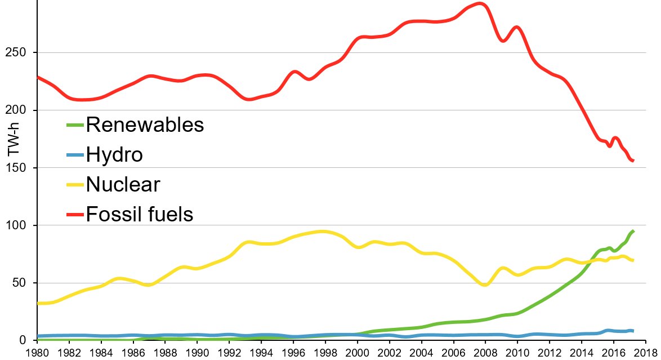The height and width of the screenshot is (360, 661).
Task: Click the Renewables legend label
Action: click(145, 125)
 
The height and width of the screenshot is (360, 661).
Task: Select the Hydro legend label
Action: click(114, 154)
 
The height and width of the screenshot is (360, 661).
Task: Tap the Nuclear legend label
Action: click(123, 184)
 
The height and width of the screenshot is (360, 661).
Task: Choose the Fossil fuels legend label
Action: click(139, 214)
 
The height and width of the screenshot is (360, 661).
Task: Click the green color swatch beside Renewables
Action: click(75, 125)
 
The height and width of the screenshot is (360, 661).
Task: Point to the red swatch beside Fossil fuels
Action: click(75, 215)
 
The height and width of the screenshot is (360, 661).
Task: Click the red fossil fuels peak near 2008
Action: click(479, 4)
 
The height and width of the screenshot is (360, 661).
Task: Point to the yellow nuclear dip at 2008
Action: click(485, 285)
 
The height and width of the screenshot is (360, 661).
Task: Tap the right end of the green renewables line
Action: click(633, 231)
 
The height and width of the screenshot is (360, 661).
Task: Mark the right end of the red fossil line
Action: click(633, 161)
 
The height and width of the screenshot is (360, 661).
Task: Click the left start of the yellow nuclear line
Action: click(38, 303)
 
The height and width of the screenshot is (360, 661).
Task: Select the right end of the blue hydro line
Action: click(633, 331)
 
